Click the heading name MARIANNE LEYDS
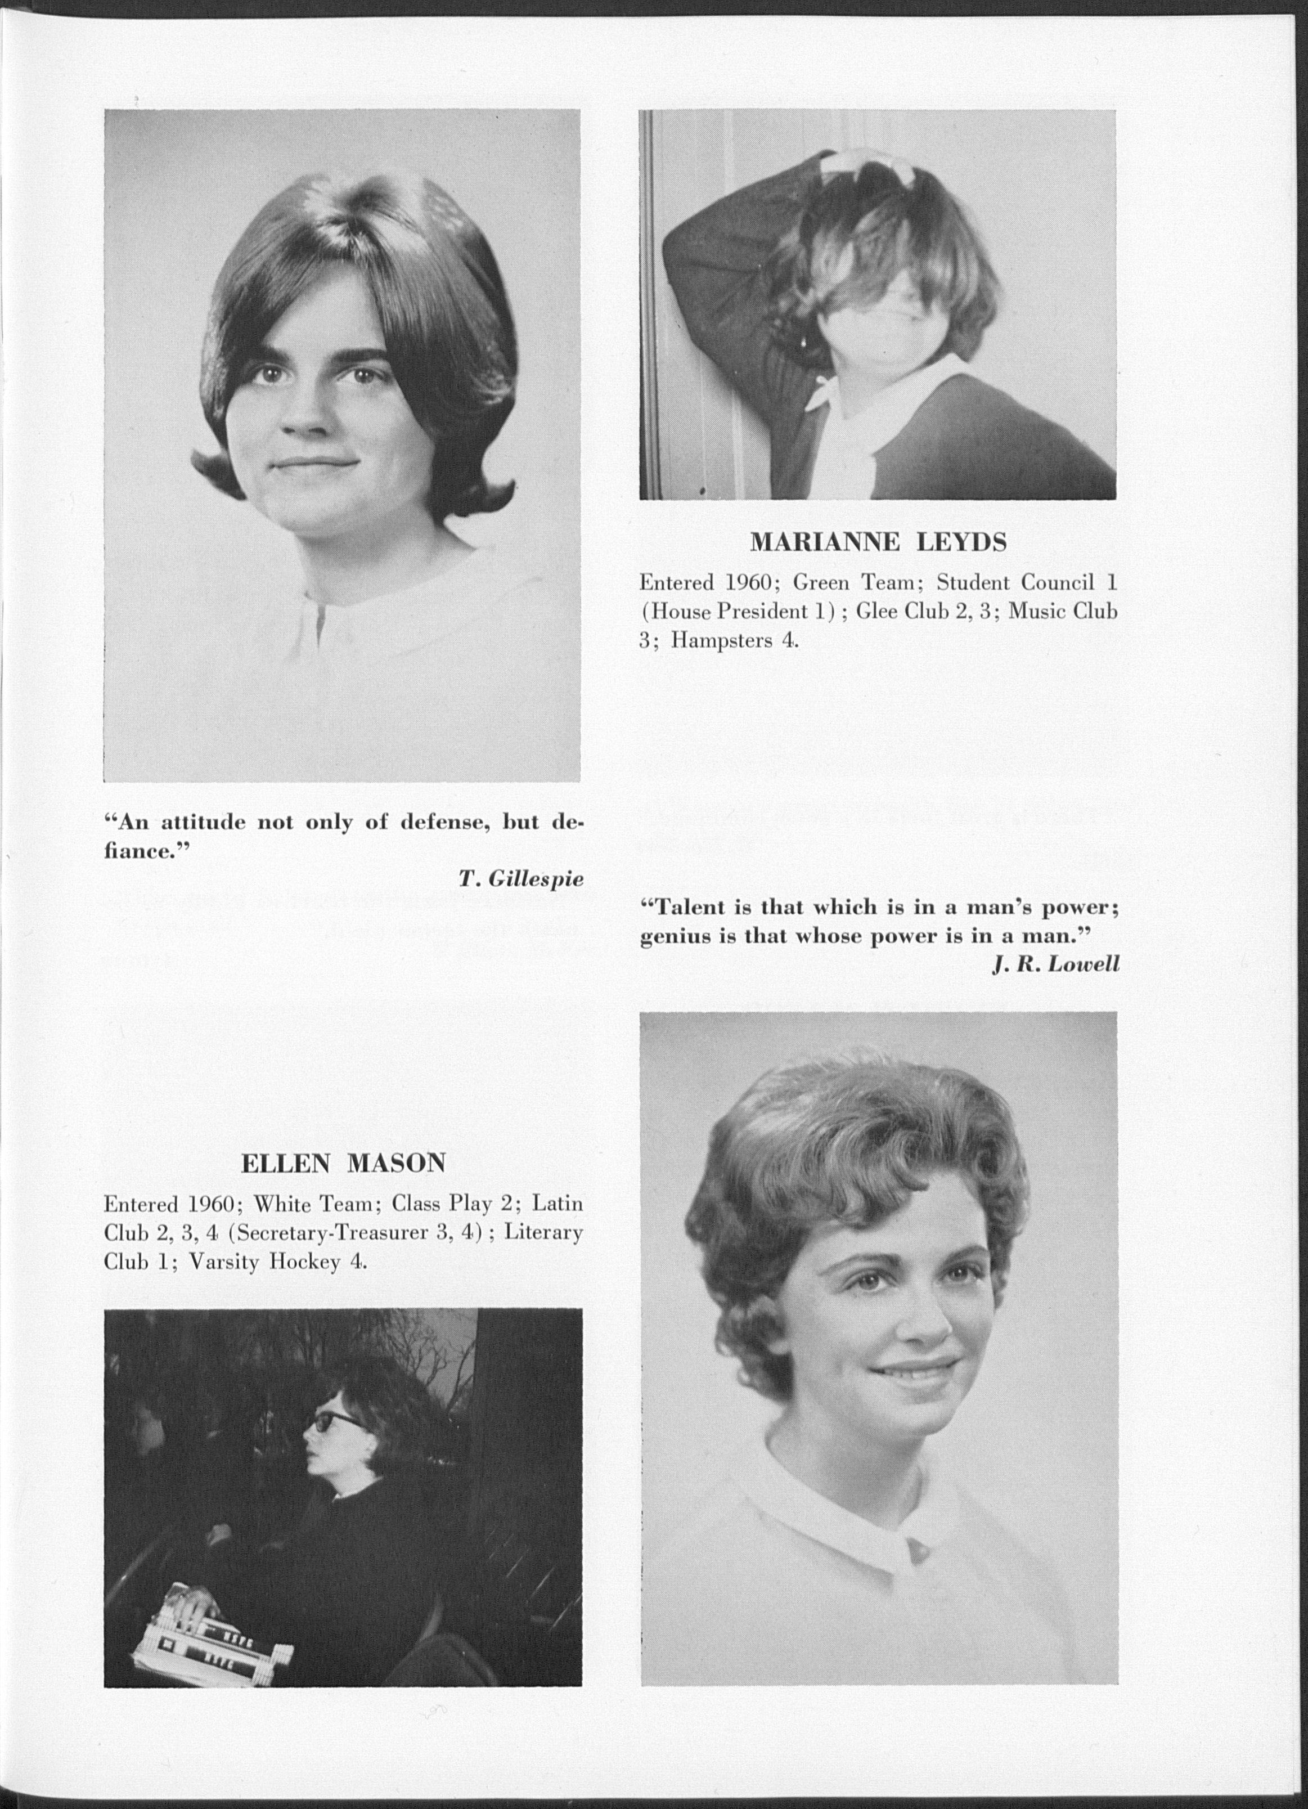pos(878,542)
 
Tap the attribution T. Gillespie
pos(521,879)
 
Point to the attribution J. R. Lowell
pos(1056,964)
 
